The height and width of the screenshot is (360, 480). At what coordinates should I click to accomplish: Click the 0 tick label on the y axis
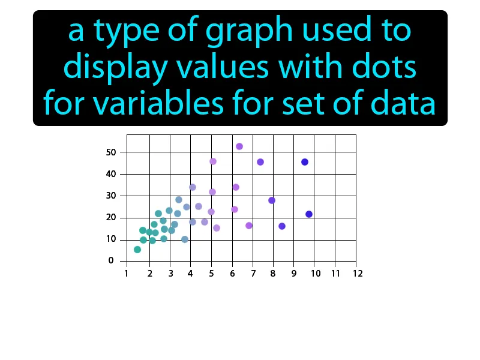click(x=111, y=261)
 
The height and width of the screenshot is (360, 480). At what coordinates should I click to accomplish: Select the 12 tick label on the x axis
click(x=357, y=273)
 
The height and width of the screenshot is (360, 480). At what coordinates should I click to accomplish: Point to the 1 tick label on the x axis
click(x=127, y=273)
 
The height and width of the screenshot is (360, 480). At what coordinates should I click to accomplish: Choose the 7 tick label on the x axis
click(x=253, y=273)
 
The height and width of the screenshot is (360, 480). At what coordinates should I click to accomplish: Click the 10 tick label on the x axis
click(x=315, y=273)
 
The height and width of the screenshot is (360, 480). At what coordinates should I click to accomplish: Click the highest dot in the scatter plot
click(x=239, y=146)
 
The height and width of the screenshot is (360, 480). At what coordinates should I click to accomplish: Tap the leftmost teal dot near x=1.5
click(x=137, y=250)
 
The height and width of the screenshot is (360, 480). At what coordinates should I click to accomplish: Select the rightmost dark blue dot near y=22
click(x=309, y=214)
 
